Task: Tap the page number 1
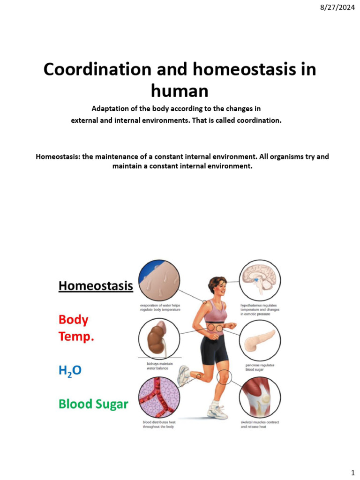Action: [352, 472]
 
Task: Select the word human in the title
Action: [180, 90]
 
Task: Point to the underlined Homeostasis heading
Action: [96, 285]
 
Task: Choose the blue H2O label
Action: [70, 370]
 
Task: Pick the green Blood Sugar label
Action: [93, 404]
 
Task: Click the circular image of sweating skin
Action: [159, 281]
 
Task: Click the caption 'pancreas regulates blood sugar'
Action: [260, 367]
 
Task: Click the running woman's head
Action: [217, 286]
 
